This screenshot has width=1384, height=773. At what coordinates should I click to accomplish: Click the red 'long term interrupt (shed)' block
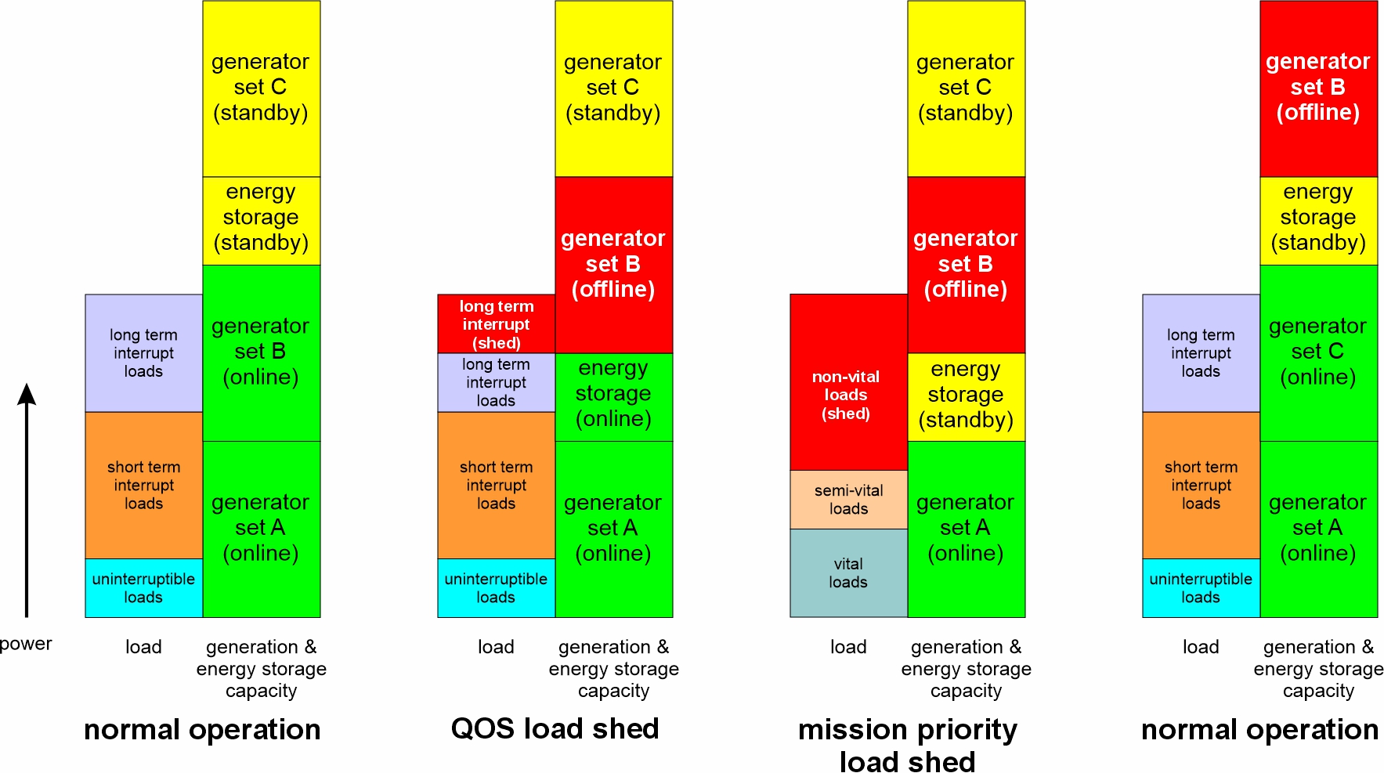coord(496,323)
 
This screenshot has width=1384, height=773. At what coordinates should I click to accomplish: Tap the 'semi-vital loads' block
coord(848,500)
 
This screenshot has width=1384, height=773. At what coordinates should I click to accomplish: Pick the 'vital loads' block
coord(848,573)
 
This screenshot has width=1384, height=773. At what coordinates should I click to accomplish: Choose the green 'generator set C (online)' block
coord(1318,352)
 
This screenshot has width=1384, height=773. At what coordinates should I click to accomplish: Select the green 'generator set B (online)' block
coord(261,352)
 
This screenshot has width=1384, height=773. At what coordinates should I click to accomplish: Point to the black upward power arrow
coord(27,501)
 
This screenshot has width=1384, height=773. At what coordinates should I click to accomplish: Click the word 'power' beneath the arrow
coord(26,644)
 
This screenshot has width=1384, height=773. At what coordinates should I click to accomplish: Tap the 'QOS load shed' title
coord(555,729)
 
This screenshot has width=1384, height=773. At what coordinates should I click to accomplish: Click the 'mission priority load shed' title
coord(907,745)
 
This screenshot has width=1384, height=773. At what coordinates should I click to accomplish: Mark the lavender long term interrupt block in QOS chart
coord(496,382)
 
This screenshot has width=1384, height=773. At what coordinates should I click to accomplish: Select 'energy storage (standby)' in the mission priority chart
coord(966,396)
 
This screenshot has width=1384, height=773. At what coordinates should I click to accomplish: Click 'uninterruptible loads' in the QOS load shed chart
coord(496,587)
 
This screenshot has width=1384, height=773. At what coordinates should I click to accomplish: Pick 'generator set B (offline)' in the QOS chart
coord(613,265)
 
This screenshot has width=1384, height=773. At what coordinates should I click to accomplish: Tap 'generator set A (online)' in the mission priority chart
coord(966,529)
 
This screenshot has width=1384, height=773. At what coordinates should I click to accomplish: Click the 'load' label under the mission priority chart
coord(848,647)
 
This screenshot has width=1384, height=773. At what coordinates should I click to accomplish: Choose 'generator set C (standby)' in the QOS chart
coord(613,88)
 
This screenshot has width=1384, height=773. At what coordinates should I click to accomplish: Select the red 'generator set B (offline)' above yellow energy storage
coord(1318,88)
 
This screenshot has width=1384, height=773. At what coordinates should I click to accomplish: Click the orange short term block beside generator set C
coord(1201,485)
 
